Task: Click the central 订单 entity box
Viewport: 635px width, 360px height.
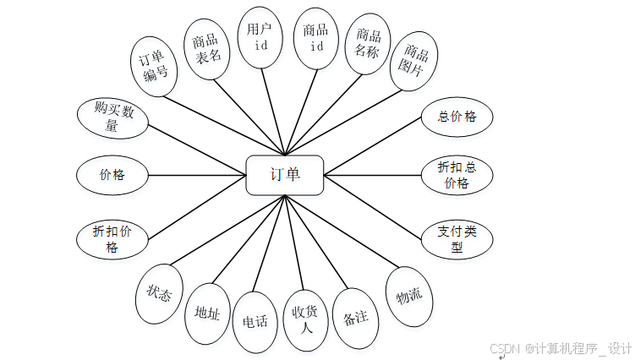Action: tap(284, 175)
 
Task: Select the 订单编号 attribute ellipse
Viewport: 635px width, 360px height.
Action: tap(155, 66)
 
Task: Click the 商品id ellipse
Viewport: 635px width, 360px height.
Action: tap(315, 38)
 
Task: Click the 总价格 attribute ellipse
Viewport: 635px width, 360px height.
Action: tap(457, 117)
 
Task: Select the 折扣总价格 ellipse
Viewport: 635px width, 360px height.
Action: tap(457, 175)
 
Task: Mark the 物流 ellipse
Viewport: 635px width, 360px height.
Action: tap(409, 296)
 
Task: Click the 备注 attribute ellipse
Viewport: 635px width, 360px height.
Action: tap(355, 318)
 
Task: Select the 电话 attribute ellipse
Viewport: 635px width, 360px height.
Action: tap(255, 321)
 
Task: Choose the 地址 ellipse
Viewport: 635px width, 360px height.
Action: tap(207, 314)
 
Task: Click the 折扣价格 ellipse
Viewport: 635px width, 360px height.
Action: tap(112, 238)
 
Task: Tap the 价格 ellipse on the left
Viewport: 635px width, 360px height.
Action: tap(112, 175)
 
